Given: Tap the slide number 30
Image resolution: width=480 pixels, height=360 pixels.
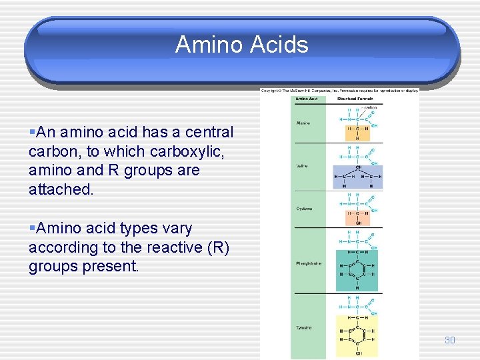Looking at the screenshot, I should coord(449,340).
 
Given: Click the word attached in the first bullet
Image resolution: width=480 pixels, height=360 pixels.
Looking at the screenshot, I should coord(61,189).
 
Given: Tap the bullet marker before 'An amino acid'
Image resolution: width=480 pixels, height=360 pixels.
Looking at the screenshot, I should coord(32,133).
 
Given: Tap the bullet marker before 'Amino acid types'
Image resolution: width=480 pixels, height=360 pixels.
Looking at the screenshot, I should coord(32,229).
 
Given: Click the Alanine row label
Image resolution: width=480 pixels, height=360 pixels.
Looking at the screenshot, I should coord(303,123).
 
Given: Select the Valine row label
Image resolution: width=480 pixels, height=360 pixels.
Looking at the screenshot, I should coord(302,166).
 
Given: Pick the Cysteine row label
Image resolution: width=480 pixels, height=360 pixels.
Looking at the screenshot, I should coord(304,209).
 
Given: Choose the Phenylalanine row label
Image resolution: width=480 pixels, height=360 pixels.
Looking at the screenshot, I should coord(309,263).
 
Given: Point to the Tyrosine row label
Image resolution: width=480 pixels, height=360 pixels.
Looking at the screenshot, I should coord(304,327).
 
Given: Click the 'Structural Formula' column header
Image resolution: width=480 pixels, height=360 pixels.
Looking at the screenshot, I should coord(355,99).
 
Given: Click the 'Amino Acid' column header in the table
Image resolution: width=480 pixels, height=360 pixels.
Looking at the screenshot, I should coord(306,99).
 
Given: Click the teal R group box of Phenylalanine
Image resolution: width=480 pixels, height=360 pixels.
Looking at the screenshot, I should coord(357,270).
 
